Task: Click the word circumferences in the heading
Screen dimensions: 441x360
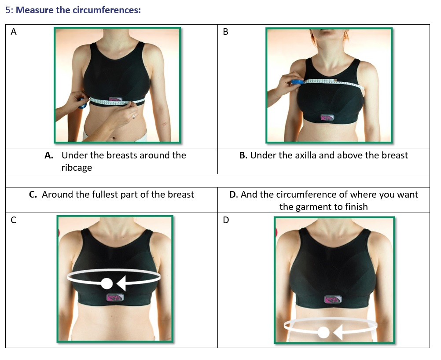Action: pos(107,10)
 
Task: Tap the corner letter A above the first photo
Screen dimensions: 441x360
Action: pos(14,32)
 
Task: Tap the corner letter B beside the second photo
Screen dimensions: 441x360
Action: pos(226,32)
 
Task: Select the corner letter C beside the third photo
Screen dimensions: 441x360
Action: pos(14,220)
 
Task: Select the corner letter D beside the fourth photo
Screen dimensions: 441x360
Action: pos(226,220)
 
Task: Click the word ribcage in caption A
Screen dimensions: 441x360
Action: pos(77,168)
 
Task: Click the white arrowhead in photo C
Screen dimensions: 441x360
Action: pos(121,283)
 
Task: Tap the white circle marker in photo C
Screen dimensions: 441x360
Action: pos(107,283)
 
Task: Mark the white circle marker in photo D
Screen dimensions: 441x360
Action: pos(323,333)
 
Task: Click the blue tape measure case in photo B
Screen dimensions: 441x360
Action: pos(297,82)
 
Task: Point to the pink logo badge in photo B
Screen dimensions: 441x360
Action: pos(327,117)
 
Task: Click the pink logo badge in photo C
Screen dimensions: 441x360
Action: pos(115,297)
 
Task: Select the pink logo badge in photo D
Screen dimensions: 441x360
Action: pos(333,299)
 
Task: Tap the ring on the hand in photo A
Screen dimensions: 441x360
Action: pos(134,117)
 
